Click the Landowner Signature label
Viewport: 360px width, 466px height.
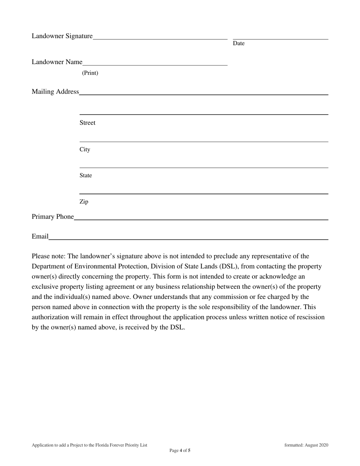pos(62,36)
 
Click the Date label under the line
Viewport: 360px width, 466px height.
pos(239,44)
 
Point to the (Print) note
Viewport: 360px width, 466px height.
pos(90,73)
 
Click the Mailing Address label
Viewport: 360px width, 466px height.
pos(55,92)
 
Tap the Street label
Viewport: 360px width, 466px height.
pos(88,123)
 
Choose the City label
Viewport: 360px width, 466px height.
pos(85,149)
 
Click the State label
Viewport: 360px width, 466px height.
pos(86,175)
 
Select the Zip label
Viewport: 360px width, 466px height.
pos(84,202)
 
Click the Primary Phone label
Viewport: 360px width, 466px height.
pos(53,217)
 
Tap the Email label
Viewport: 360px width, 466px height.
pos(40,236)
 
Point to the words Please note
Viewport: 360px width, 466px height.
pos(49,256)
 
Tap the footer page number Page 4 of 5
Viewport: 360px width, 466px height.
pos(180,450)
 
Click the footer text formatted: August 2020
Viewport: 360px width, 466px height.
pos(306,445)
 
